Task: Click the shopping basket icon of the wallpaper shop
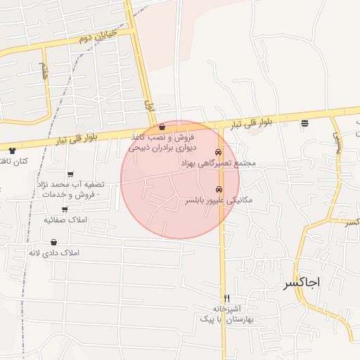coord(162,127)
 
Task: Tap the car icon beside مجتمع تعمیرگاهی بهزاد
coord(219,152)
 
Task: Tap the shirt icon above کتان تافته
coord(12,150)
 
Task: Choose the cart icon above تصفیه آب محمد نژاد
coord(70,174)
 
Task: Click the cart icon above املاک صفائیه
coord(65,209)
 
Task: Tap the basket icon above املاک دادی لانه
coord(54,241)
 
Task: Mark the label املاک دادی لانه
coord(54,252)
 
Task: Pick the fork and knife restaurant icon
coord(226,298)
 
